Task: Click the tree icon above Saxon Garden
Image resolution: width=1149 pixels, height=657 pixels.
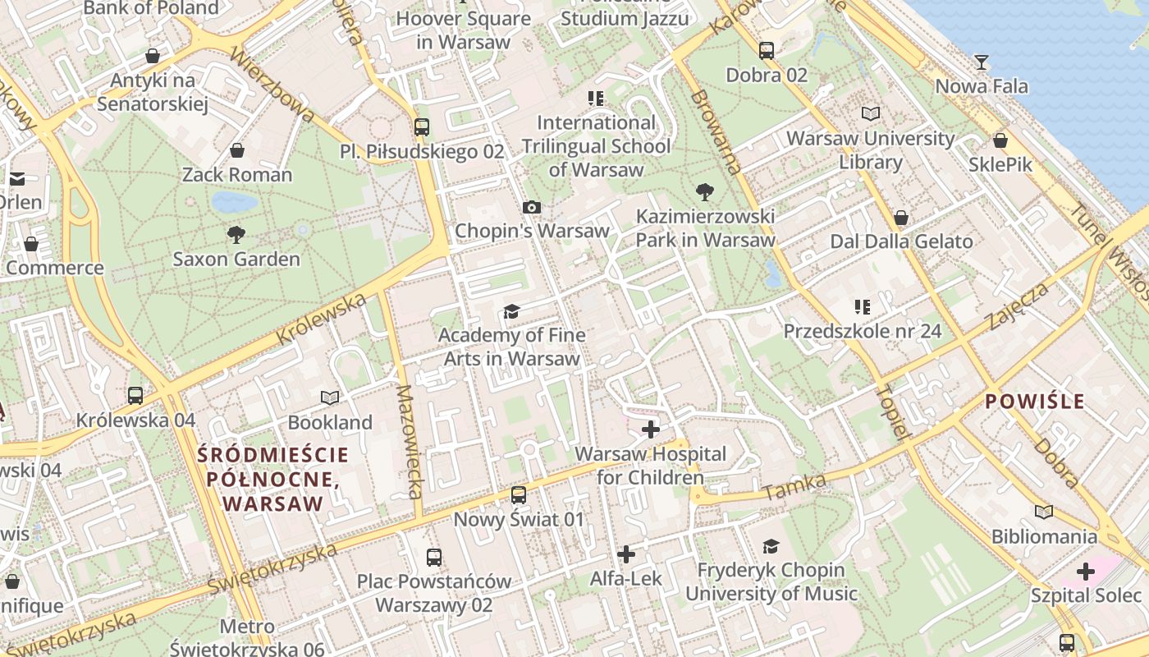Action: coord(236,235)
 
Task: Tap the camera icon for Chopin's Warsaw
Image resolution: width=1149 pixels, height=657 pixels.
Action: coord(532,207)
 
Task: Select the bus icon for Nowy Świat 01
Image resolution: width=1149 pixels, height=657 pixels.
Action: coord(518,494)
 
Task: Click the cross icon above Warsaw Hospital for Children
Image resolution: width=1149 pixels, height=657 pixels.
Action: coord(651,429)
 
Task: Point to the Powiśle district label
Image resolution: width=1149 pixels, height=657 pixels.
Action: coord(1035,402)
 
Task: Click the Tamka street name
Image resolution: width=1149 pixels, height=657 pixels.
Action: coord(794,487)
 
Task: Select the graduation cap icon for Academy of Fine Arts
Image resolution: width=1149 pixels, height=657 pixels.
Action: coord(512,311)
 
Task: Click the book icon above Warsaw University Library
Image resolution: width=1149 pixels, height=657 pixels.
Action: coord(871,113)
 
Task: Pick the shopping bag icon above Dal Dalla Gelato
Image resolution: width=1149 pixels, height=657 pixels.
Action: coord(901,218)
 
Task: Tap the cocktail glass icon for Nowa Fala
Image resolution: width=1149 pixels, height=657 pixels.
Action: coord(981,62)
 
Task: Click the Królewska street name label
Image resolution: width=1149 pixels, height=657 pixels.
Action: coord(321,319)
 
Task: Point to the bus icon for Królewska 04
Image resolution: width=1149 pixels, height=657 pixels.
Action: coord(135,395)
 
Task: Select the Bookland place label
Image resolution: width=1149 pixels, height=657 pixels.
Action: coord(330,422)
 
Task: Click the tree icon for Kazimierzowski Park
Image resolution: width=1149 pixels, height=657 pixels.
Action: coord(704,193)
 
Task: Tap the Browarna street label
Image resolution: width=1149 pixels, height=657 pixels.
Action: coord(716,131)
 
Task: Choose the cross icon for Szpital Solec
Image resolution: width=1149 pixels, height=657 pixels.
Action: coord(1086,572)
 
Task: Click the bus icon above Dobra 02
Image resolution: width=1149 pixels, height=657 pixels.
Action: coord(766,51)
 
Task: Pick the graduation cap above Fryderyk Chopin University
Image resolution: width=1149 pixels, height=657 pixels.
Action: coord(771,546)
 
